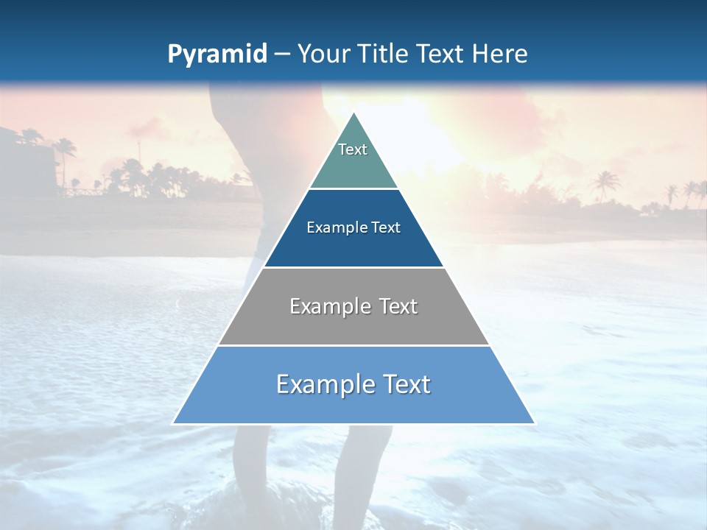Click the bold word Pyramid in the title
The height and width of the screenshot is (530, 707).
coord(217,54)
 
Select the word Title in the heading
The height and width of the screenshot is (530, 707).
coord(384,54)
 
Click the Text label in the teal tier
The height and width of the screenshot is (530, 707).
coord(353,149)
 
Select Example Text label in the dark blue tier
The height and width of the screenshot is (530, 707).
coord(353,227)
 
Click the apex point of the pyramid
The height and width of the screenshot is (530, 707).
coord(354,113)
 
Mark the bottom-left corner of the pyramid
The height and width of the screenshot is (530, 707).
coord(174,423)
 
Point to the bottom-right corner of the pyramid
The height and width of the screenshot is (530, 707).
coord(534,423)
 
